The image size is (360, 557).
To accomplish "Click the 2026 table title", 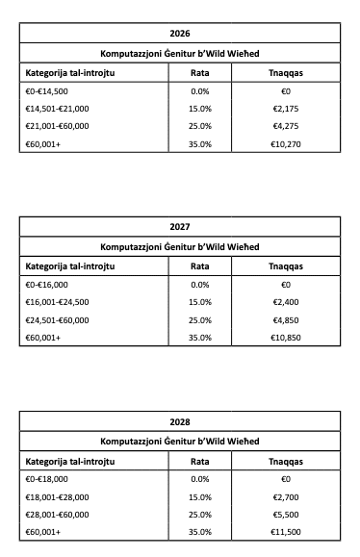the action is pyautogui.click(x=180, y=34).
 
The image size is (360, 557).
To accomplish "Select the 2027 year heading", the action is pyautogui.click(x=180, y=227).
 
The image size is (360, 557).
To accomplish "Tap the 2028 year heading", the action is pyautogui.click(x=180, y=421).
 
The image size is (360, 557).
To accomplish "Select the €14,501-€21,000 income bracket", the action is pyautogui.click(x=57, y=108).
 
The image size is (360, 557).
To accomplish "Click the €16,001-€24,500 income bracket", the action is pyautogui.click(x=57, y=302).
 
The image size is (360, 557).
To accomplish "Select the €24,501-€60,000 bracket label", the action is pyautogui.click(x=57, y=320).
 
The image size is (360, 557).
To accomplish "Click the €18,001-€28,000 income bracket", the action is pyautogui.click(x=57, y=496).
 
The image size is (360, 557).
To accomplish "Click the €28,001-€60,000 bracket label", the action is pyautogui.click(x=57, y=515).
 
